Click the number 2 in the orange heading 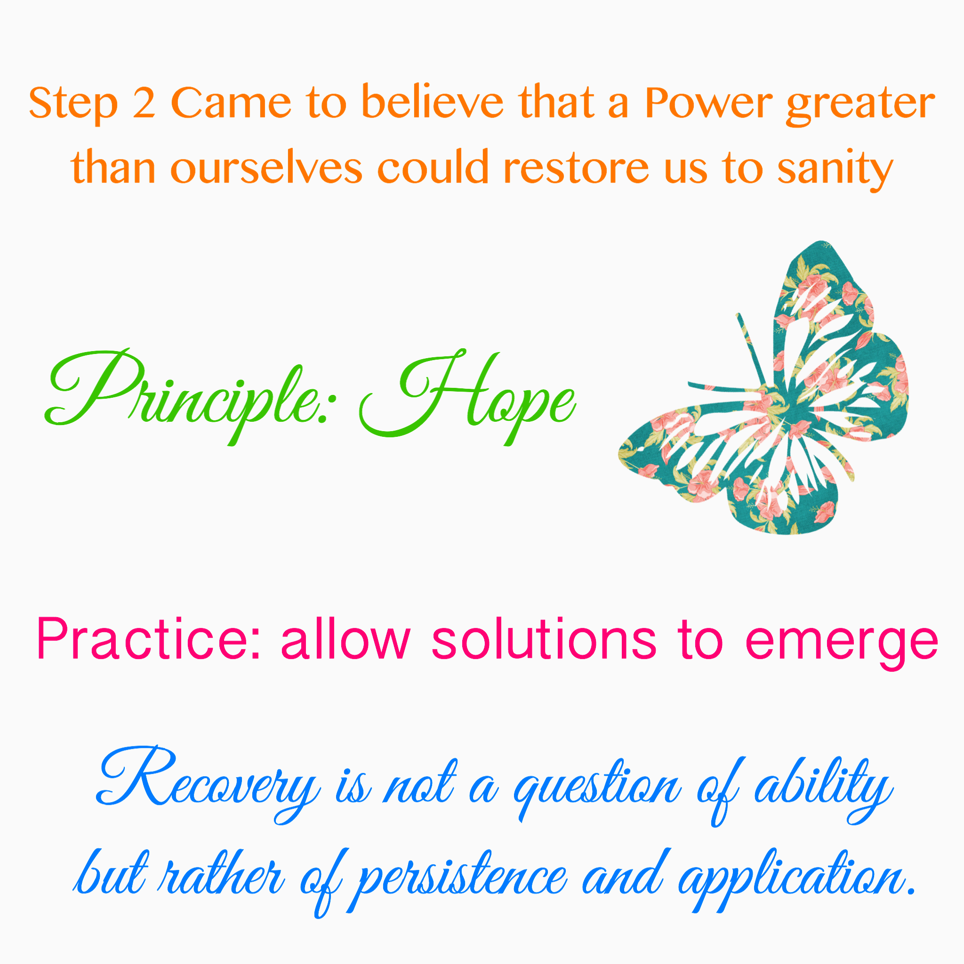[144, 103]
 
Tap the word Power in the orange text [709, 103]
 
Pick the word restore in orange [577, 168]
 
